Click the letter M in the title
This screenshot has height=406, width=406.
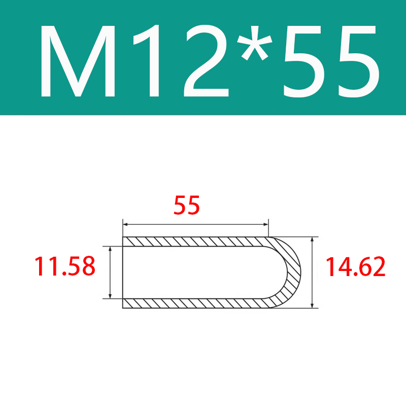(78, 61)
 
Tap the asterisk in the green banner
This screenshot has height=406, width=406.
(255, 43)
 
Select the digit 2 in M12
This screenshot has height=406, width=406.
(206, 61)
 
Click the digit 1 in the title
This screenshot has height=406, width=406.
(147, 61)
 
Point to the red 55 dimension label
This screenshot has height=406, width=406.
(186, 205)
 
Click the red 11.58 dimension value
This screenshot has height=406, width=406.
(65, 266)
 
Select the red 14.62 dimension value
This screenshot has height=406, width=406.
(355, 267)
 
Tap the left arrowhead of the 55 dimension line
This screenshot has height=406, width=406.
(125, 224)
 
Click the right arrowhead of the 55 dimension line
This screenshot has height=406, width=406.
(265, 224)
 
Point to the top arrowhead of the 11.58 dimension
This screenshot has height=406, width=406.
(110, 249)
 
